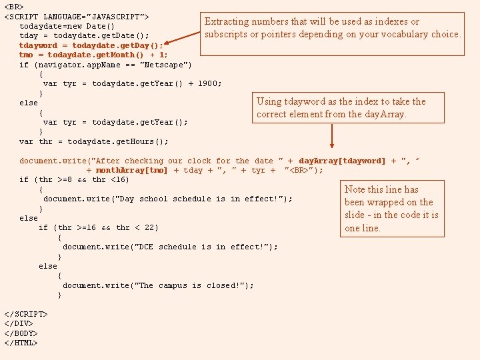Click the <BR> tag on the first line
(14, 6)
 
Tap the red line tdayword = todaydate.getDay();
(91, 45)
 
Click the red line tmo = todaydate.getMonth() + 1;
(93, 55)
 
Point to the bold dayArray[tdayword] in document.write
(342, 161)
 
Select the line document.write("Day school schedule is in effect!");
(167, 199)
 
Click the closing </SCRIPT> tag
(26, 314)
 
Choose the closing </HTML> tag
(21, 343)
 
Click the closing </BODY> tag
(21, 333)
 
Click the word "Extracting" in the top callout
(232, 22)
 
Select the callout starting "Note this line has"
(391, 209)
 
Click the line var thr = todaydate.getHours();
(94, 141)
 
